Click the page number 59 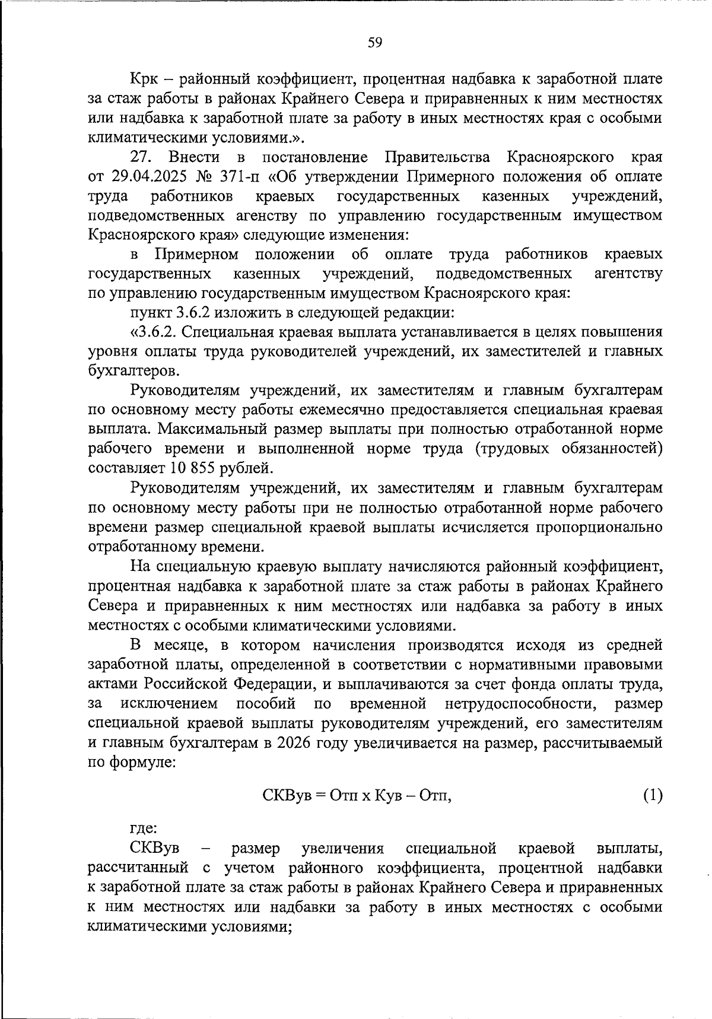pos(374,42)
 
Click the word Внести pos(194,158)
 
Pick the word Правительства pos(438,158)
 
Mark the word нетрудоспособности pos(521,704)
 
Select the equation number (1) pos(653,795)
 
